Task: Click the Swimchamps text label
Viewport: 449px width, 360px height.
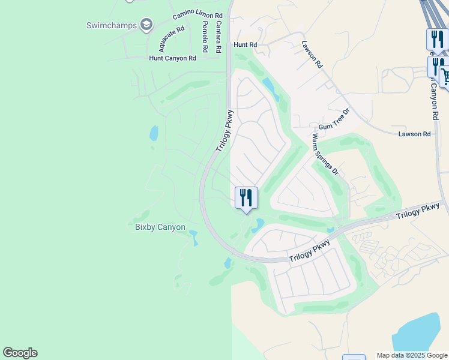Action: tap(112, 25)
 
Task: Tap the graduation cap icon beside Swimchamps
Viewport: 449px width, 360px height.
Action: tap(146, 25)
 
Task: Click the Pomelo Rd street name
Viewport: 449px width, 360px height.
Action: tap(205, 35)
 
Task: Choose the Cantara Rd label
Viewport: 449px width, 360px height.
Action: tap(219, 35)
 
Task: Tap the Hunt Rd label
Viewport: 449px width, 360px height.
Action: tap(245, 44)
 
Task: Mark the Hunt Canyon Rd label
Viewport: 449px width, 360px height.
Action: tap(172, 58)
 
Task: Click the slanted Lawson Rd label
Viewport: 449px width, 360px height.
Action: tap(312, 54)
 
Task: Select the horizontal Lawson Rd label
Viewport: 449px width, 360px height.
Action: tap(414, 134)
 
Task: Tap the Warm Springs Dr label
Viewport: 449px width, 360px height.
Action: tap(325, 154)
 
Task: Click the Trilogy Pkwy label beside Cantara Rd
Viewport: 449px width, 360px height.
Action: tap(224, 130)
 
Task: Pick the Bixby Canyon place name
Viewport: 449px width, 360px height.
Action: tap(156, 227)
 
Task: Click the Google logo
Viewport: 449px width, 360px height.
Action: tap(20, 353)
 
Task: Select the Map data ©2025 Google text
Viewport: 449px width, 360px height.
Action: tap(412, 355)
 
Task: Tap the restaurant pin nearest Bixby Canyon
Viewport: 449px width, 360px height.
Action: tap(246, 197)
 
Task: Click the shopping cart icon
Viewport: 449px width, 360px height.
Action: tap(445, 76)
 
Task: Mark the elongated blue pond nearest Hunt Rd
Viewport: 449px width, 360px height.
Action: tap(270, 89)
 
